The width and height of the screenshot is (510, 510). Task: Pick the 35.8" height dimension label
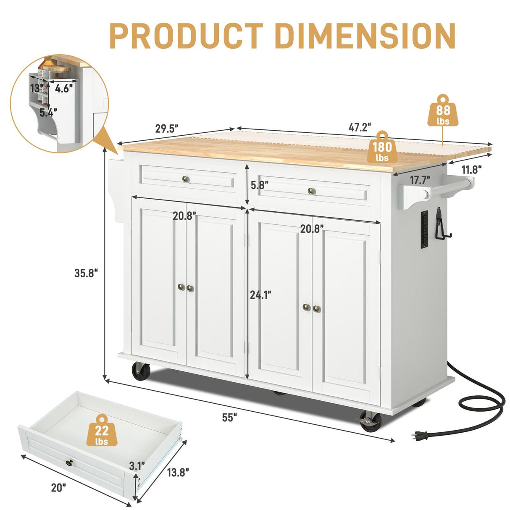pos(86,273)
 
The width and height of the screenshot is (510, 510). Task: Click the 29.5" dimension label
pos(167,129)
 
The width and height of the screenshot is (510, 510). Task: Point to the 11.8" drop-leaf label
pos(471,170)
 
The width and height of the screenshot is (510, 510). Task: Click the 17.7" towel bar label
pos(420,180)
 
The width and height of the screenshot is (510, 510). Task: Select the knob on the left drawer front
pos(186,179)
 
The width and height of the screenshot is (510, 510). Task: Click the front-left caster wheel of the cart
pos(141,372)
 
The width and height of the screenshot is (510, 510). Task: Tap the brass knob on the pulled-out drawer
pos(69,463)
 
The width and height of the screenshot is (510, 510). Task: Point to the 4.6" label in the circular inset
pos(64,89)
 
